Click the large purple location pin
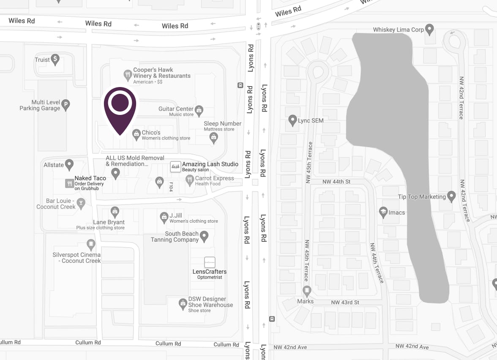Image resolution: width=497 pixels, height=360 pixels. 120,108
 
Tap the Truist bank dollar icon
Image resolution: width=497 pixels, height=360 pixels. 55,59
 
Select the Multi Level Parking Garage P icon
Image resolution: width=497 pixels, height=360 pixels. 66,104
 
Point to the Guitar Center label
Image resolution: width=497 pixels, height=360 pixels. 176,109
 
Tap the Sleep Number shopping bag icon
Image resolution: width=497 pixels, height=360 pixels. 214,137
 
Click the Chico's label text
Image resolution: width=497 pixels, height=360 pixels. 151,133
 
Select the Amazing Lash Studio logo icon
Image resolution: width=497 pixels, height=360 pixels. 175,166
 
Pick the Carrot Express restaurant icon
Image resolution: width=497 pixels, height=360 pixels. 190,180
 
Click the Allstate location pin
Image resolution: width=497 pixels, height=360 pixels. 69,164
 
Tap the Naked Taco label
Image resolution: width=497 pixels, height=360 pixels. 90,178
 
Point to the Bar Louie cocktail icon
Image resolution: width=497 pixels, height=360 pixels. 81,204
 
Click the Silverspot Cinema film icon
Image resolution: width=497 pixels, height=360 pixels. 91,244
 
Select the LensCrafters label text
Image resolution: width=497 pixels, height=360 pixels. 210,272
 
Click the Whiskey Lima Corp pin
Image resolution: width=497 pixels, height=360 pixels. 429,29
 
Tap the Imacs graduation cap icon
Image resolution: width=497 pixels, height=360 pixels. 383,212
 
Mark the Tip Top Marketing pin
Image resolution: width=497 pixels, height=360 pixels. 452,196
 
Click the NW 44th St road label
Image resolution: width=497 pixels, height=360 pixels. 336,182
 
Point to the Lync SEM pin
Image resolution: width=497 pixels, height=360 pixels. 292,120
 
